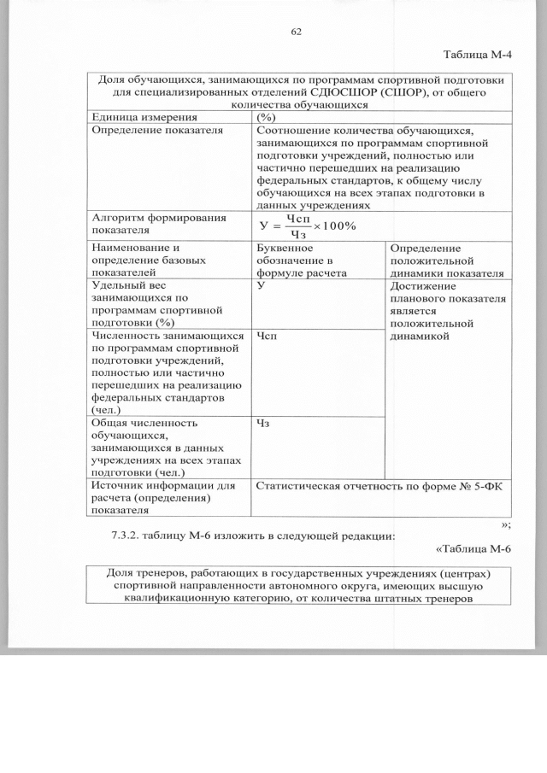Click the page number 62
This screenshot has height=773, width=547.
297,32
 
